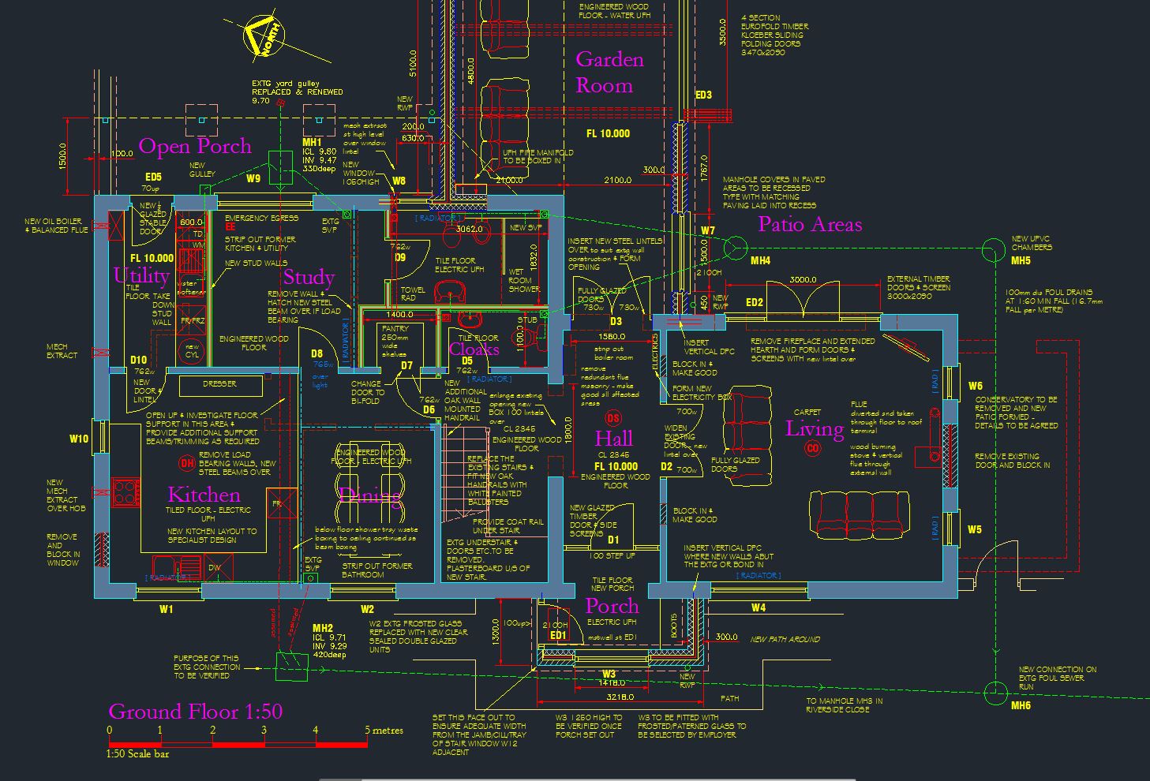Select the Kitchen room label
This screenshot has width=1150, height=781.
click(204, 495)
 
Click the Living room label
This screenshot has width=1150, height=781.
click(815, 428)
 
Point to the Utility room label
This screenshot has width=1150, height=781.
click(141, 275)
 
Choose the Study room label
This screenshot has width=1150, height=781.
click(309, 277)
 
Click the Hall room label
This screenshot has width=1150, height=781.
click(613, 439)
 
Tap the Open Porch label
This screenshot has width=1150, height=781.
click(195, 146)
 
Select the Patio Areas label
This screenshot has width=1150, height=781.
click(810, 224)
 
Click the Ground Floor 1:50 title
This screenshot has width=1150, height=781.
click(195, 712)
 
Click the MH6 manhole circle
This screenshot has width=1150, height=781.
click(995, 693)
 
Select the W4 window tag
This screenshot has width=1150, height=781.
click(758, 607)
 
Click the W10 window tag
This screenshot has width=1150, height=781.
click(79, 439)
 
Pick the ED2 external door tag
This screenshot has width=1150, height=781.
click(754, 302)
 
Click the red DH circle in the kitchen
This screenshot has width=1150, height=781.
click(187, 462)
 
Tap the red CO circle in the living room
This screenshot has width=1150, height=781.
click(812, 448)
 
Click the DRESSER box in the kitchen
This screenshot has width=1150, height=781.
click(219, 384)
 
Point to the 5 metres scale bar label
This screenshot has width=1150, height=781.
click(384, 730)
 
